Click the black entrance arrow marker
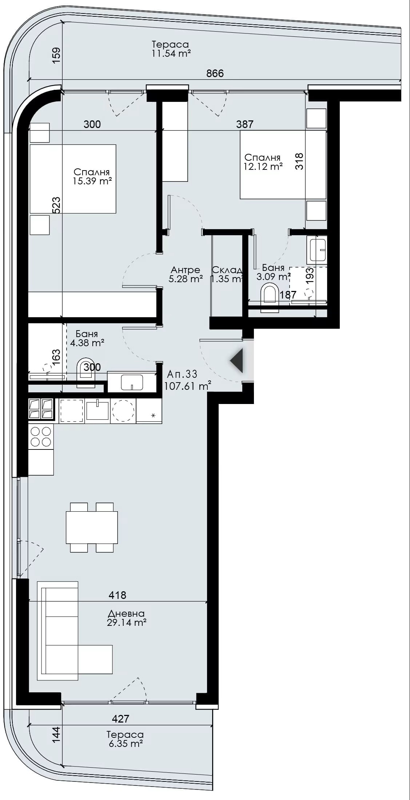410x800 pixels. click(x=237, y=360)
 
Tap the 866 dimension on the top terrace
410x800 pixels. click(x=215, y=73)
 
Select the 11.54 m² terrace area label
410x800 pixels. click(x=171, y=53)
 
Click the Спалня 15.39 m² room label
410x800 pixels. click(x=92, y=177)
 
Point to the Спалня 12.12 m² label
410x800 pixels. click(x=263, y=162)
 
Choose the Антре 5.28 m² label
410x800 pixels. click(x=186, y=275)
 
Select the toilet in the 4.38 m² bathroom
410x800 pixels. click(x=86, y=374)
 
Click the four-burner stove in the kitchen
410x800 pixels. click(x=41, y=436)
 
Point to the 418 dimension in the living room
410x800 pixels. click(x=118, y=595)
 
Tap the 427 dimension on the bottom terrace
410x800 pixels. click(x=120, y=719)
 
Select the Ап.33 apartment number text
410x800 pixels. click(x=182, y=374)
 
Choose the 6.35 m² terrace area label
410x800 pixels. click(x=126, y=744)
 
